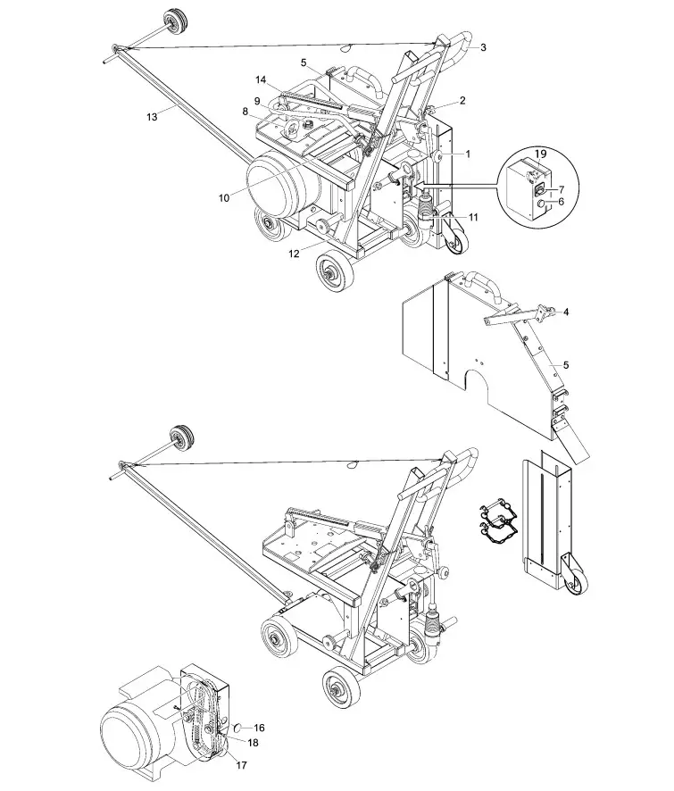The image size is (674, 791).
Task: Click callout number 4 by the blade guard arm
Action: coord(565,312)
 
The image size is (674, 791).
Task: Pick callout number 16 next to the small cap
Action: coord(260,729)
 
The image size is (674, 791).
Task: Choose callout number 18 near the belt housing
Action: coord(254,742)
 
